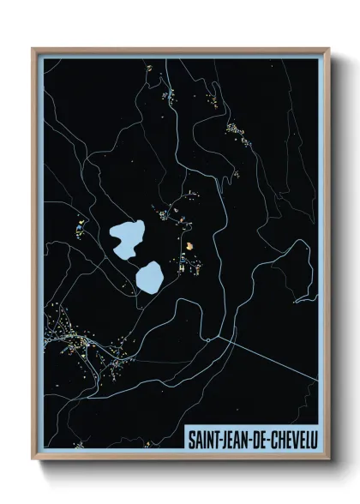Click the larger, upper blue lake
pyautogui.click(x=128, y=237)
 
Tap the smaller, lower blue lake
pyautogui.click(x=150, y=276)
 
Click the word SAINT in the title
pyautogui.click(x=207, y=437)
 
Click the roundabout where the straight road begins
pyautogui.click(x=208, y=339)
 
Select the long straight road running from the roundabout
pyautogui.click(x=266, y=359)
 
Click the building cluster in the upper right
pyautogui.click(x=235, y=130)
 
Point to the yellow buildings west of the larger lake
pyautogui.click(x=80, y=228)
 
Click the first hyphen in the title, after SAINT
pyautogui.click(x=222, y=438)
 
